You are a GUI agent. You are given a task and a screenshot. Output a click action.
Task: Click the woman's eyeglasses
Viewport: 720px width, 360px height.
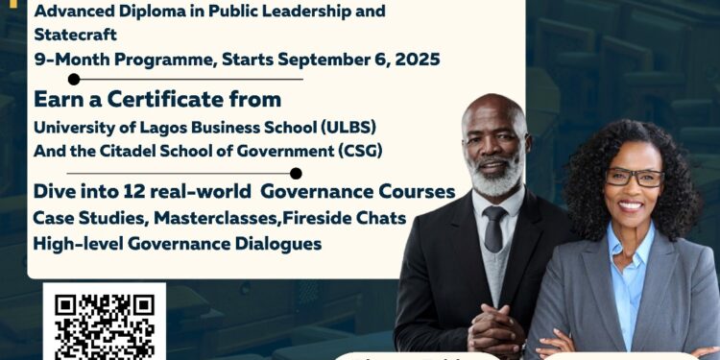click(x=634, y=178)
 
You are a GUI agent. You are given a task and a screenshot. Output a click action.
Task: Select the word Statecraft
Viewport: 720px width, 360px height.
click(x=74, y=34)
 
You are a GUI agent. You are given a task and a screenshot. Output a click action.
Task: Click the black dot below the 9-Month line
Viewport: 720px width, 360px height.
click(x=74, y=79)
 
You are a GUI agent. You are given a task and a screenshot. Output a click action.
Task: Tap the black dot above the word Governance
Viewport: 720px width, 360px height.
click(x=296, y=174)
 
